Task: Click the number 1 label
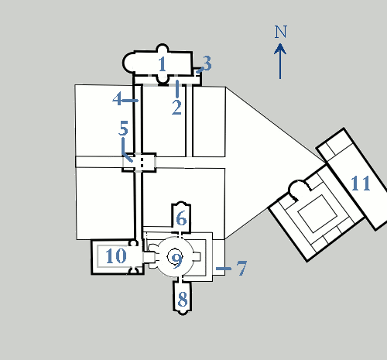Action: (162, 64)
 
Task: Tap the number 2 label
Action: (176, 108)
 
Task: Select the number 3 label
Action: (207, 63)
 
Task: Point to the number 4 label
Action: (117, 98)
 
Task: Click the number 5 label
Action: (123, 128)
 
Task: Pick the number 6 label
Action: (181, 218)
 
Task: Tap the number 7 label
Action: (241, 268)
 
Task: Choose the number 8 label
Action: (183, 300)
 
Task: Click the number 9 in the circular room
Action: (177, 261)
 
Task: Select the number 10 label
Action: (116, 256)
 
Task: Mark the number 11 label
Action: (361, 183)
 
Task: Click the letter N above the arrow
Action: (280, 32)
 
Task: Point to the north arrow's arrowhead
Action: (280, 49)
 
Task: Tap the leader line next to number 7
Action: (224, 269)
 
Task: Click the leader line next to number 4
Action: (130, 101)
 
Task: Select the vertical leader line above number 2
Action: (177, 89)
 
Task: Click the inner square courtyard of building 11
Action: (317, 214)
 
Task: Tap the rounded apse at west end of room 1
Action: (128, 63)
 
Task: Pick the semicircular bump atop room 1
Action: (163, 48)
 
